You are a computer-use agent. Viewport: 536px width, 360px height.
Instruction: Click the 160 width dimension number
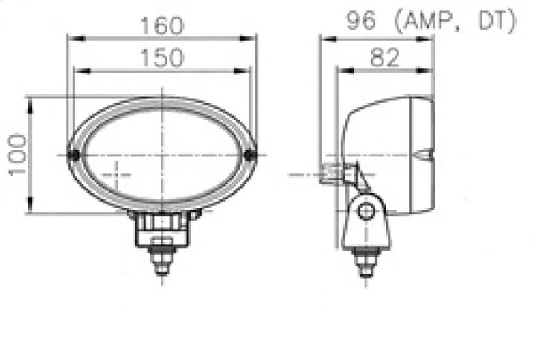tap(162, 25)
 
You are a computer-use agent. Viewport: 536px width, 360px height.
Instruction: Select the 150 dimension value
tap(162, 58)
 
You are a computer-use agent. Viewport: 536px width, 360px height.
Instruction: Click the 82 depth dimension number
tap(384, 57)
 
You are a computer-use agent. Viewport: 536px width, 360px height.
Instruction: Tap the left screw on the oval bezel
tap(73, 155)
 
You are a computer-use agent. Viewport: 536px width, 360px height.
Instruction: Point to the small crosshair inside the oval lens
tap(115, 175)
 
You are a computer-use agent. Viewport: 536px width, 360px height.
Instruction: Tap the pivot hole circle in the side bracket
tap(365, 211)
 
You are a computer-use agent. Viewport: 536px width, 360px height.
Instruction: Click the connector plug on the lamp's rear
tap(331, 174)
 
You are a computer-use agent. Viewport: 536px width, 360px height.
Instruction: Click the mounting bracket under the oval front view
tap(162, 227)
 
